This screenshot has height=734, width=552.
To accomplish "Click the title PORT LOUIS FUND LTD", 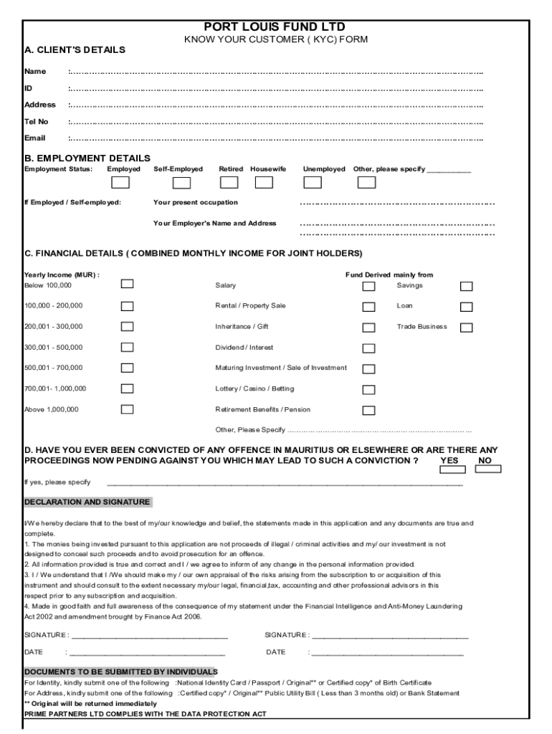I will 275,27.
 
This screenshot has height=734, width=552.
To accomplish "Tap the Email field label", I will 35,138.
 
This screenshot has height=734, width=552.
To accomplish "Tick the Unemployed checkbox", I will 313,182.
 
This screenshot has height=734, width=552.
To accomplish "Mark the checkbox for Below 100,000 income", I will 127,285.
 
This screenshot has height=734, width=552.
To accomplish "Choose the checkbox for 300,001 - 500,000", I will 127,347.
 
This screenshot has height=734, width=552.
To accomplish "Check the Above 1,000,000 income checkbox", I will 127,409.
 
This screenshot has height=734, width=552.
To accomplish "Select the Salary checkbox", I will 368,286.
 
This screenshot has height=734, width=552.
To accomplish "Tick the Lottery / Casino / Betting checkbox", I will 368,390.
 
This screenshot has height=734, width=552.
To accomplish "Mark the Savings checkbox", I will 466,286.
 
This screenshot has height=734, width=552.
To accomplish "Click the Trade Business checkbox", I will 466,328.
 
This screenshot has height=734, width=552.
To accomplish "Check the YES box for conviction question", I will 452,470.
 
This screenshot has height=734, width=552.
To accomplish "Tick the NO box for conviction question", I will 488,470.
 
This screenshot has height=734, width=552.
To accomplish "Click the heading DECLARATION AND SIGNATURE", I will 87,502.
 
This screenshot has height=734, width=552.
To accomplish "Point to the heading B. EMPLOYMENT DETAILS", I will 87,158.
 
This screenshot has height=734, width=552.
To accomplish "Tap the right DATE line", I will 386,653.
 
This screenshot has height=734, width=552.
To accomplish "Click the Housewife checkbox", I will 265,182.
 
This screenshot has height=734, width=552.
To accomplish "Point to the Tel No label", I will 37,121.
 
